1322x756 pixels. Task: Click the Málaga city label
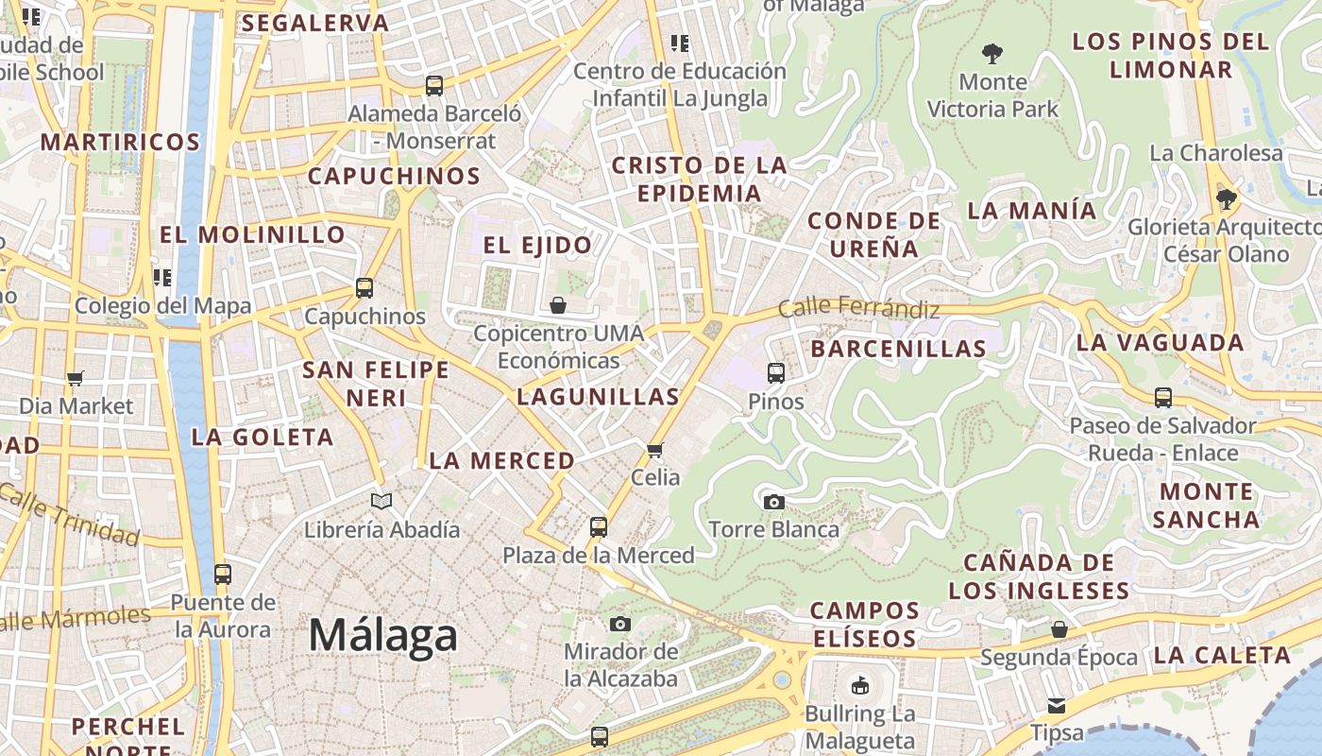point(382,635)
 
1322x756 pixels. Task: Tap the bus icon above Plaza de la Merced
point(598,526)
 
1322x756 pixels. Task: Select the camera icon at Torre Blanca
point(773,502)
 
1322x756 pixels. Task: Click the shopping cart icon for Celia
point(654,450)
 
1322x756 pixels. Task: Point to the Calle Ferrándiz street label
point(858,308)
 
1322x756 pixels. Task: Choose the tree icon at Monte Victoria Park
point(991,54)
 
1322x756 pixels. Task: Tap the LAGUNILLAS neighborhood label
point(598,397)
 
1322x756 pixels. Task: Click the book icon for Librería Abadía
point(381,502)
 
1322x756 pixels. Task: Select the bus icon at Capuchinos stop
point(364,288)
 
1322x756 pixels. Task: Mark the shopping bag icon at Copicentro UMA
point(558,305)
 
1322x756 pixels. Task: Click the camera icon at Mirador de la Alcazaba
point(619,624)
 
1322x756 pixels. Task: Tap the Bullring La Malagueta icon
point(859,685)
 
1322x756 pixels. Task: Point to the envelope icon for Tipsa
point(1056,705)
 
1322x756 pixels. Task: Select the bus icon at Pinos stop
point(775,373)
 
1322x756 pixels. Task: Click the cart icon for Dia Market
point(76,378)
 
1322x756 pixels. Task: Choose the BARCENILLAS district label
point(898,349)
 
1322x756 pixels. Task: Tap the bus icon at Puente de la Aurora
point(223,574)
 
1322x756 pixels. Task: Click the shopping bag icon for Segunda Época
point(1059,628)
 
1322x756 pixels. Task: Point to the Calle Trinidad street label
point(70,515)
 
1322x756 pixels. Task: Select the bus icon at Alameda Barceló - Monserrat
point(434,86)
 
